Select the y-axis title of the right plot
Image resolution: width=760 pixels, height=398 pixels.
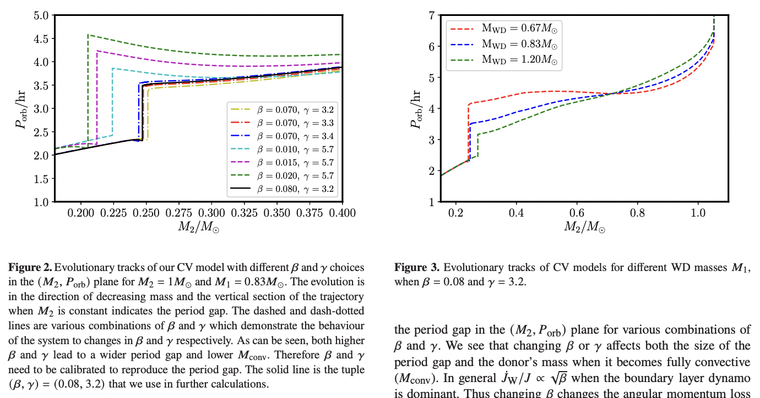[x=416, y=108]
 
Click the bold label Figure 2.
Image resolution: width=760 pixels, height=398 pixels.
[x=30, y=268]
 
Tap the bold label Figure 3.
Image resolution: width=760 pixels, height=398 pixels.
[x=416, y=268]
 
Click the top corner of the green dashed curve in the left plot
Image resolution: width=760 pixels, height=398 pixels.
[x=88, y=35]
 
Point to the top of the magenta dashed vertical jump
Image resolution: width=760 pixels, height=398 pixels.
[x=97, y=51]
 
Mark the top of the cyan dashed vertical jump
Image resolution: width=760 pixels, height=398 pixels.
[x=112, y=68]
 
